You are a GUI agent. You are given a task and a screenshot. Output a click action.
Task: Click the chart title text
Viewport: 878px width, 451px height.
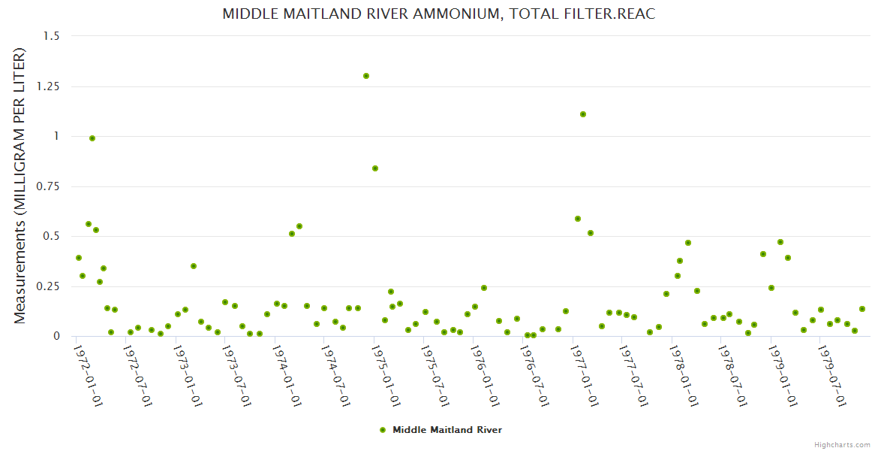pos(439,14)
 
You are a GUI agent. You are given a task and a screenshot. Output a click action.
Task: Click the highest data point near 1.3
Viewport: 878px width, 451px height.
pos(366,76)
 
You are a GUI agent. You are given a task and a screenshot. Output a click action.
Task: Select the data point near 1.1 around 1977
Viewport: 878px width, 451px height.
pos(583,114)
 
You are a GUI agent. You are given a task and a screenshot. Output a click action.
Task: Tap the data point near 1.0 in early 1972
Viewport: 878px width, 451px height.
pos(92,138)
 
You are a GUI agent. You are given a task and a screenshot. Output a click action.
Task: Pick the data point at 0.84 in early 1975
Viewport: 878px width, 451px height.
pos(375,168)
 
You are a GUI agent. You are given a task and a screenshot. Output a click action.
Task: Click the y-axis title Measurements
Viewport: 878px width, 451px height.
pos(20,186)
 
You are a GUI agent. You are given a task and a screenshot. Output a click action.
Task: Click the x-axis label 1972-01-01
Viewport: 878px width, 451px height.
pos(89,375)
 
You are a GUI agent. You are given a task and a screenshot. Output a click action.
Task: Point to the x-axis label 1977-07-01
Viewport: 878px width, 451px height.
pos(633,375)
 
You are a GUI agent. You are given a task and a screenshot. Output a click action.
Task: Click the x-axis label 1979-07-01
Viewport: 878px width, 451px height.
pos(832,375)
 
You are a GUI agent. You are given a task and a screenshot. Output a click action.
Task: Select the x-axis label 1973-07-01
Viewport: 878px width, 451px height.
pos(237,375)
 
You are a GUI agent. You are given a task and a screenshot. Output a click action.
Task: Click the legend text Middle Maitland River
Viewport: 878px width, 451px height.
pos(447,430)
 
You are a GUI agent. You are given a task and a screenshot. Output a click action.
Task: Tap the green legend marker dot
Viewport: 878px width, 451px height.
pos(383,430)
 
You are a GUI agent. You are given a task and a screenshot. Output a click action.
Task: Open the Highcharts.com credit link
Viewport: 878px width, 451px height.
pos(842,444)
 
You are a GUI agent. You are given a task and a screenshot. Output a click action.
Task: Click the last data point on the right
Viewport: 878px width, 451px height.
pos(862,309)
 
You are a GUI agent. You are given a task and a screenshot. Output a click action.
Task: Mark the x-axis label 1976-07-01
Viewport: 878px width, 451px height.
pos(534,375)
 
